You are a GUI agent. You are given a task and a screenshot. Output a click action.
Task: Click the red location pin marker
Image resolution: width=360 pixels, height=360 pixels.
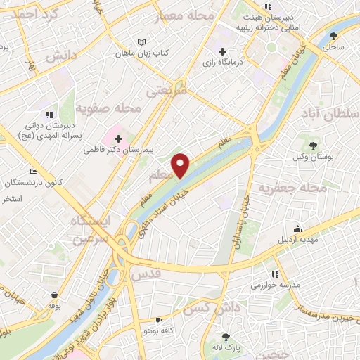tap(181, 165)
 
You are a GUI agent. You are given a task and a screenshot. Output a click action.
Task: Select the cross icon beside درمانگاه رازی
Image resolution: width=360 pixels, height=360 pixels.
tap(223, 51)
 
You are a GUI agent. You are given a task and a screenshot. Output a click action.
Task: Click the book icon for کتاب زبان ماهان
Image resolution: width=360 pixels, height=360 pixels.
tap(143, 42)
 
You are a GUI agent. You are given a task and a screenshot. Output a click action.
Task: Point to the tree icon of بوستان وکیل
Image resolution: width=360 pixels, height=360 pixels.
tap(313, 144)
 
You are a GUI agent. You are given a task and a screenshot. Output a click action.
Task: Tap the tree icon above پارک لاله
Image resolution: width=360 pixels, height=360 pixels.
tap(226, 337)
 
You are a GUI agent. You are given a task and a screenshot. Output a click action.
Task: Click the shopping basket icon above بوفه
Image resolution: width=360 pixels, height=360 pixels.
tap(55, 294)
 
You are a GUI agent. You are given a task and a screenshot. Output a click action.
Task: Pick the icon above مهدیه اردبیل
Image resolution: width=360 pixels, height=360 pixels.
tap(298, 229)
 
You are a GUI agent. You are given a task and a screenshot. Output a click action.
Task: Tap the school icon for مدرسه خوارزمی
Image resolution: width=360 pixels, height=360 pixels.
tap(274, 274)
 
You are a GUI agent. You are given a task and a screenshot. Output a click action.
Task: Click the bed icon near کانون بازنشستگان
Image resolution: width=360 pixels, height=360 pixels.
tap(33, 172)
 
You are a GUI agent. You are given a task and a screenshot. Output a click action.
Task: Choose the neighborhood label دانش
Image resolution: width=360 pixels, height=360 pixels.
tap(60, 57)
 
